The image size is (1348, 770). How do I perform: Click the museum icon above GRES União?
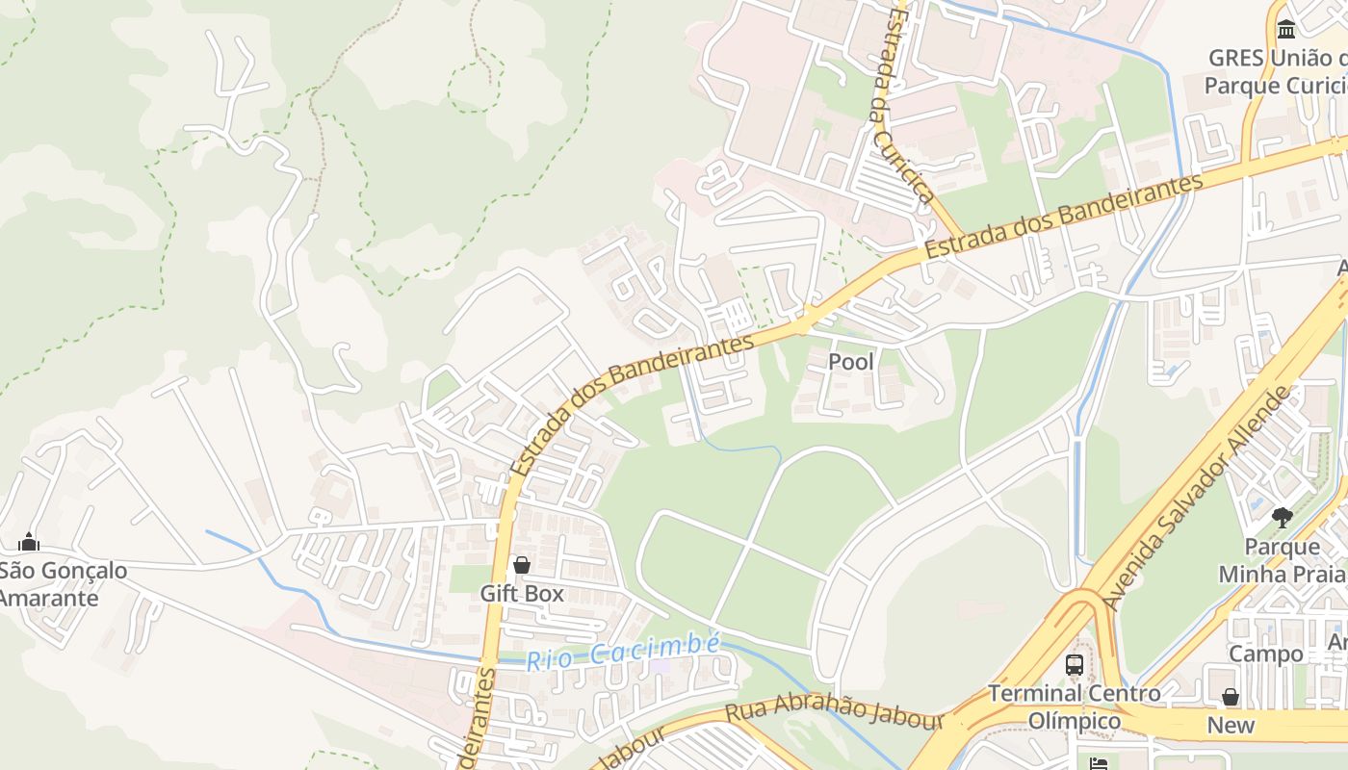[x=1286, y=30]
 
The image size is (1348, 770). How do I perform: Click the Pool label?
[x=852, y=362]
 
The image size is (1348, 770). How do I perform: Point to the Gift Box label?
[x=522, y=593]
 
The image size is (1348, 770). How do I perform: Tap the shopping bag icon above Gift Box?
[x=522, y=565]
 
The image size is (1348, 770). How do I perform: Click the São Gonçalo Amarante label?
[x=63, y=584]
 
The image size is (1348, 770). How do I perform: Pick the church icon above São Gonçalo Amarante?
[x=29, y=542]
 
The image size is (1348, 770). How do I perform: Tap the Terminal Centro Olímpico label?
[x=1075, y=706]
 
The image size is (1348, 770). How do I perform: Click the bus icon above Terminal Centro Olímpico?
[x=1075, y=664]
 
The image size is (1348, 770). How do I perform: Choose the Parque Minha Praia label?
[x=1282, y=560]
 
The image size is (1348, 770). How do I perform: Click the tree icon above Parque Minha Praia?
[x=1282, y=518]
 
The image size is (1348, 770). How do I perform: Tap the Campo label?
[x=1265, y=654]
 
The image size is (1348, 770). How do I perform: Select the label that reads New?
[x=1231, y=725]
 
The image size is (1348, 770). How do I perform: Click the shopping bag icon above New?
[x=1231, y=697]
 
